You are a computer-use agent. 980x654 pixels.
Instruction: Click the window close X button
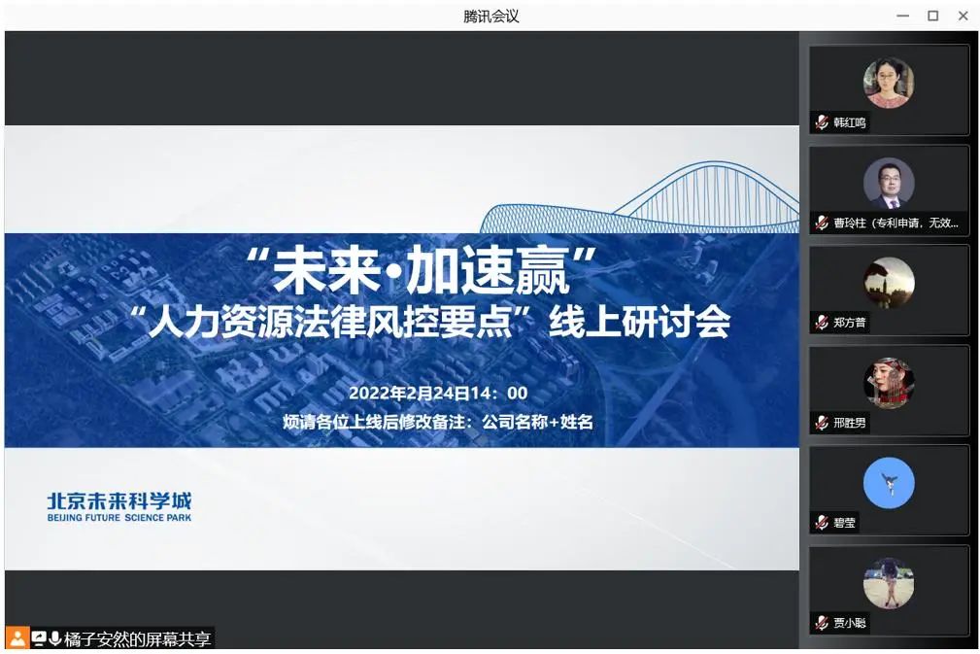963,17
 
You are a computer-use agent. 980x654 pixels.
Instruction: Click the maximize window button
933,17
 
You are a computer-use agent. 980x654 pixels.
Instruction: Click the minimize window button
903,17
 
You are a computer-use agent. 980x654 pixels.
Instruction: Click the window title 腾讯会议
491,17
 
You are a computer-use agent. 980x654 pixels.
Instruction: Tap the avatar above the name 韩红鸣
889,83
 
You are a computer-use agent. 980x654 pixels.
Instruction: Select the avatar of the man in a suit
889,183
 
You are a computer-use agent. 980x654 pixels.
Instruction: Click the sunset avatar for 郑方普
889,283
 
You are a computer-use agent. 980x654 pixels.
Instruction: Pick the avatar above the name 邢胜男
889,383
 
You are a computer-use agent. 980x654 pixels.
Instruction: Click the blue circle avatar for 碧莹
889,483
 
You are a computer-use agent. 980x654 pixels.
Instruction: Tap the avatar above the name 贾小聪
889,583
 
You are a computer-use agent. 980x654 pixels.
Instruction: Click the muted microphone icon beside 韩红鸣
822,122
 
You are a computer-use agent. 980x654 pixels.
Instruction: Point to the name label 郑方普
850,323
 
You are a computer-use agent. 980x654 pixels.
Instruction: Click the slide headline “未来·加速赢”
421,270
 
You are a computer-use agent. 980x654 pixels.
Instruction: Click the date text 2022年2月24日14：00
438,393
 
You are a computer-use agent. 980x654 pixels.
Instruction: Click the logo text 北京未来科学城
119,500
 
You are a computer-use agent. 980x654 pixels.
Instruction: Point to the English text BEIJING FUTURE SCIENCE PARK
119,518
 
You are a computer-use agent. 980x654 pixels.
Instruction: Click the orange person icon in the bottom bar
17,638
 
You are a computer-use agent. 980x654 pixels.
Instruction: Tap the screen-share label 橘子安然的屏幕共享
138,639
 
